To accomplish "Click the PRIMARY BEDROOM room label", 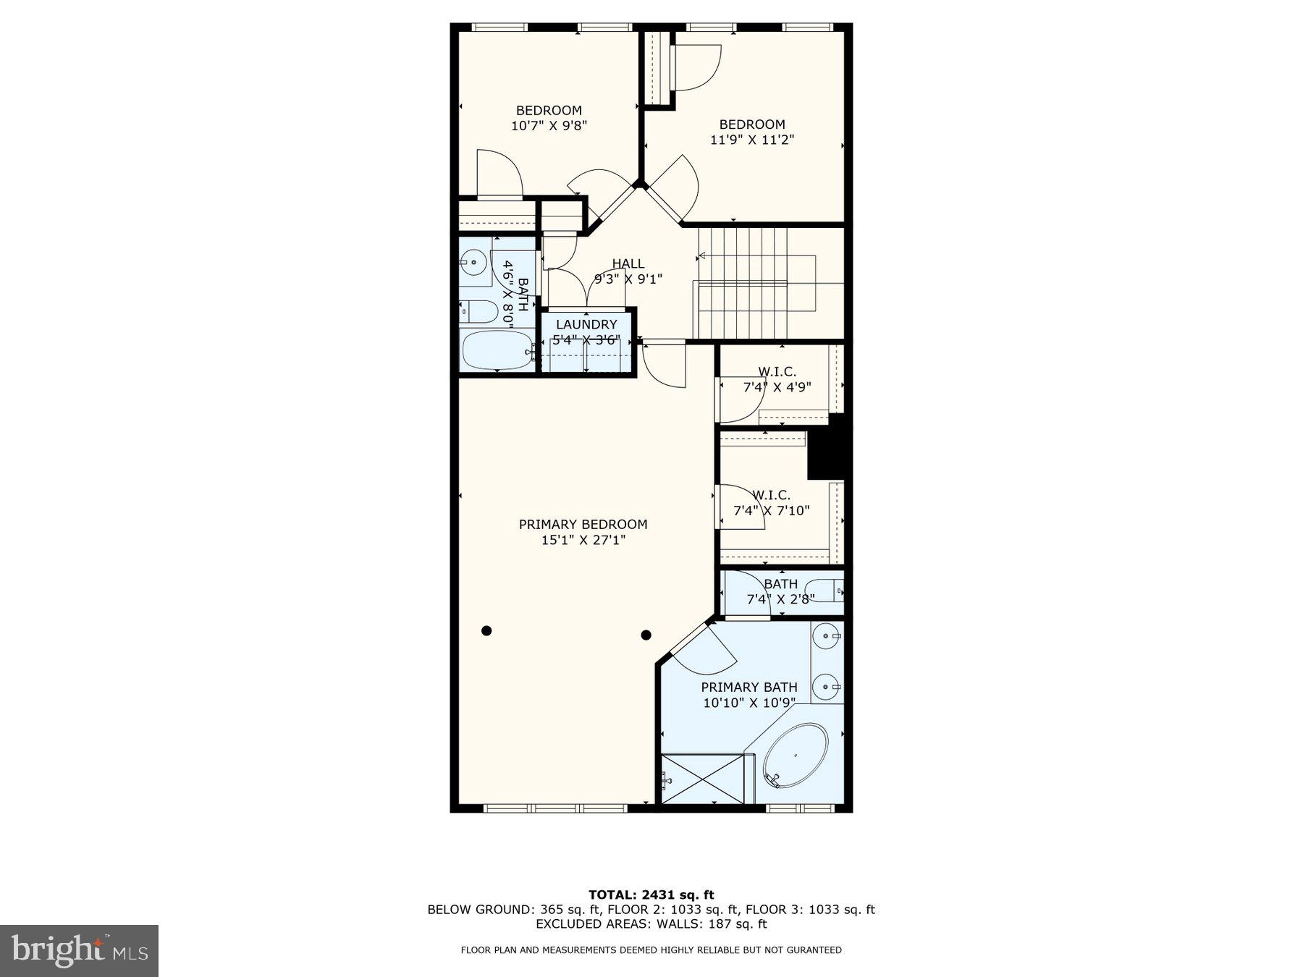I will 583,524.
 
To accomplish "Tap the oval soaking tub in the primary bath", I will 796,756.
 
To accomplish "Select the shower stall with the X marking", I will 703,779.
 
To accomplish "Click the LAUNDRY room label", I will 586,324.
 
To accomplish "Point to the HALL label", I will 628,263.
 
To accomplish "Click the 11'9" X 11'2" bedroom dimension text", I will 751,140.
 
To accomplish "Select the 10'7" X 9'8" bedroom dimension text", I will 549,125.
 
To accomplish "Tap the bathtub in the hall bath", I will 497,350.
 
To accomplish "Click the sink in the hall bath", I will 474,261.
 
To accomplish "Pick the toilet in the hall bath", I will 478,312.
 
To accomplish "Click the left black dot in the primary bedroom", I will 486,631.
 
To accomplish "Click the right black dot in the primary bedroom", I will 646,635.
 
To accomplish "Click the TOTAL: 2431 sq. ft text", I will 651,894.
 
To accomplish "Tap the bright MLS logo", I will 79,950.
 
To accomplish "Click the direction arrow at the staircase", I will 701,256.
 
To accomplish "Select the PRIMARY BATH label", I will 749,687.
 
